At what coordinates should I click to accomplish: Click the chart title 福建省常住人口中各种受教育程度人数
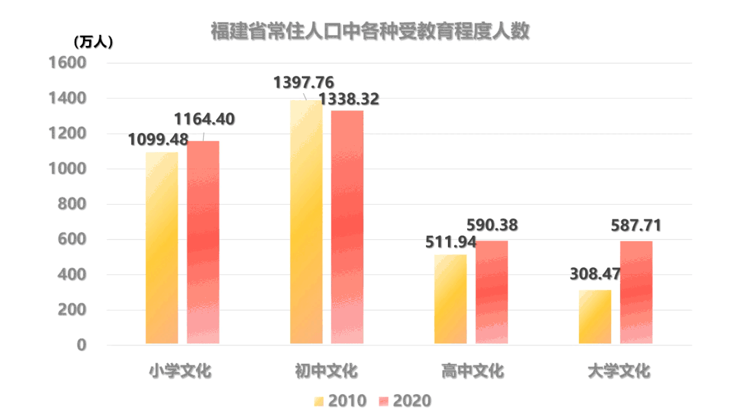tap(370, 32)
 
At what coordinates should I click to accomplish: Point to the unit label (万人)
tap(93, 42)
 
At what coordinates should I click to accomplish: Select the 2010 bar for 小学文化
tap(162, 247)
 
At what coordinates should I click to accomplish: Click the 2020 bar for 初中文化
tap(347, 227)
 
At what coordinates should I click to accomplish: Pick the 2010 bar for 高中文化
tap(451, 299)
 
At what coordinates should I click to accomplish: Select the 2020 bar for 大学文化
tap(636, 292)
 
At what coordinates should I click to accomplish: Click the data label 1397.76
tap(304, 83)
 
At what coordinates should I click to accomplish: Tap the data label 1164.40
tap(204, 119)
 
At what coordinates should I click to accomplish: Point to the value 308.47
tap(595, 274)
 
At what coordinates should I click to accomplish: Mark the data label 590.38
tap(492, 225)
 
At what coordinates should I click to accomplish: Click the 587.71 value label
tap(636, 225)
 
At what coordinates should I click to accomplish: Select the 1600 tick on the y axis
tap(67, 63)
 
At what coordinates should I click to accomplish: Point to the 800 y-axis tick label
tap(71, 204)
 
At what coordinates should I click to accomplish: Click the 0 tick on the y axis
tap(81, 345)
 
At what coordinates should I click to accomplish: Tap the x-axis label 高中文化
tap(473, 371)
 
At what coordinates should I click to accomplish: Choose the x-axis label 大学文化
tap(619, 371)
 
